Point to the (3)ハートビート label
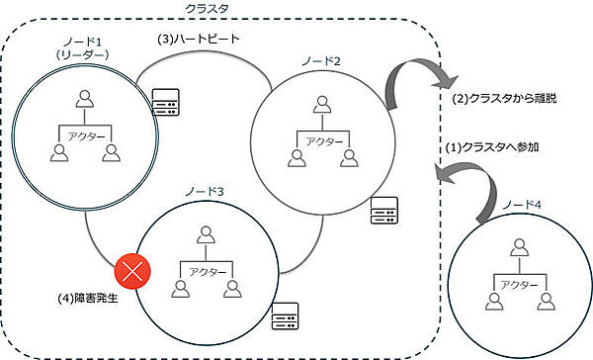pyautogui.click(x=196, y=41)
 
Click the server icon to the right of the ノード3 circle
pyautogui.click(x=286, y=314)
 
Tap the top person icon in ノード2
pyautogui.click(x=319, y=103)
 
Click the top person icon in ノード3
pyautogui.click(x=206, y=235)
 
